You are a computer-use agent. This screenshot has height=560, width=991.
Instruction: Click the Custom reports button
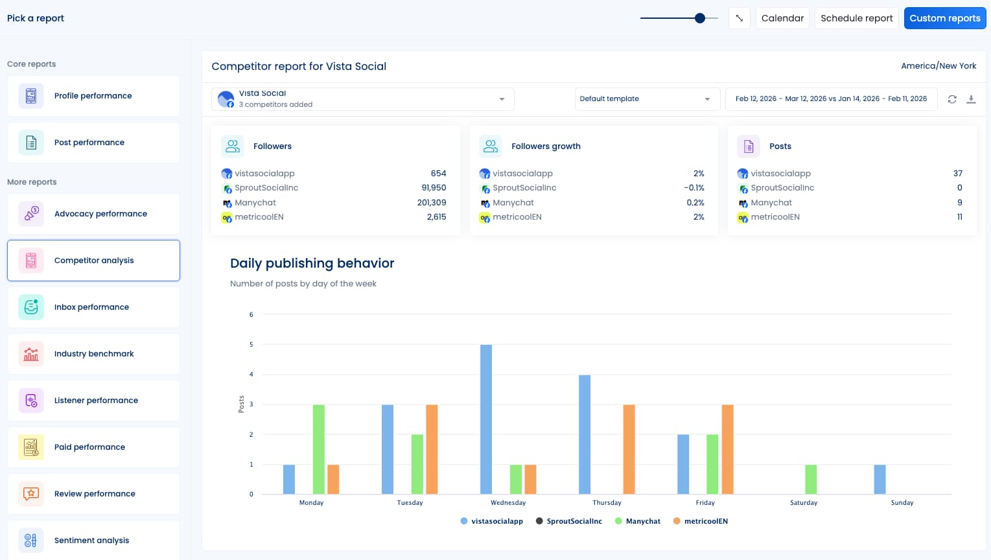point(944,18)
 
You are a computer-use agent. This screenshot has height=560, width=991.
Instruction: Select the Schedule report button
point(856,18)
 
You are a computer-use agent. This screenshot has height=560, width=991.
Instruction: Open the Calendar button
point(782,18)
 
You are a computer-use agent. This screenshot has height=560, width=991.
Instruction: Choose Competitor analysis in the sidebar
point(93,261)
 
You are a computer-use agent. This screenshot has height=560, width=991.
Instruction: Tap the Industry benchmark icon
point(31,354)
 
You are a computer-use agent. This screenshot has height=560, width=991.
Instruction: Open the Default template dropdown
point(646,99)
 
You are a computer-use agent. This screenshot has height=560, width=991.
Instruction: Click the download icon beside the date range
point(971,99)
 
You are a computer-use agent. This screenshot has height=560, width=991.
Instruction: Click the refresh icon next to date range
point(951,99)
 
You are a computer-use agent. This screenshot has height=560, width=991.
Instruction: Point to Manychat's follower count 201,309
point(431,203)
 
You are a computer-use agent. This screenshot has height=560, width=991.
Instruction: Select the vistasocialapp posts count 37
point(957,174)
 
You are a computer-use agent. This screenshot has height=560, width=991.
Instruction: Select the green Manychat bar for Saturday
point(810,480)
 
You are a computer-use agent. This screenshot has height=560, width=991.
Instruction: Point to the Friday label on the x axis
point(705,503)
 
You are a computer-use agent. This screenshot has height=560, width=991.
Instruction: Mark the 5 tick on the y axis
point(251,345)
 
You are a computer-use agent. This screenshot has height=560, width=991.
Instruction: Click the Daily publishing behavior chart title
point(312,263)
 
